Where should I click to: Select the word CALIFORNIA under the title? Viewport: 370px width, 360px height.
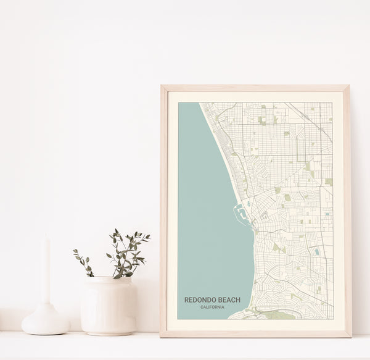click(212, 307)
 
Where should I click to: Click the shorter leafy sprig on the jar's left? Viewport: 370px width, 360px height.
click(84, 262)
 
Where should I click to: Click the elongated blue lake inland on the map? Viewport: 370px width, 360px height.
click(317, 252)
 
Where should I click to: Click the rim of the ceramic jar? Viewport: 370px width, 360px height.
click(109, 280)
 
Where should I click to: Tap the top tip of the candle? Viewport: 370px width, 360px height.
click(46, 237)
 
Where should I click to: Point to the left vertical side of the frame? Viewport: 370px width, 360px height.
click(163, 210)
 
